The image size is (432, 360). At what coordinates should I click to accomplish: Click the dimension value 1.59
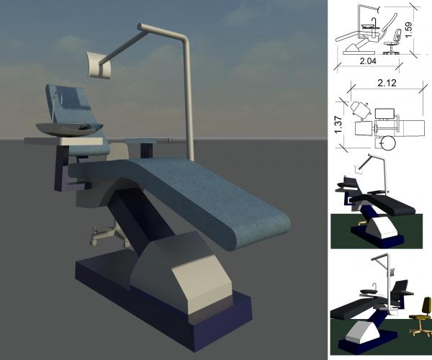point(409,30)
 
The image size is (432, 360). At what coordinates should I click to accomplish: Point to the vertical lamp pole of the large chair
point(190,101)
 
